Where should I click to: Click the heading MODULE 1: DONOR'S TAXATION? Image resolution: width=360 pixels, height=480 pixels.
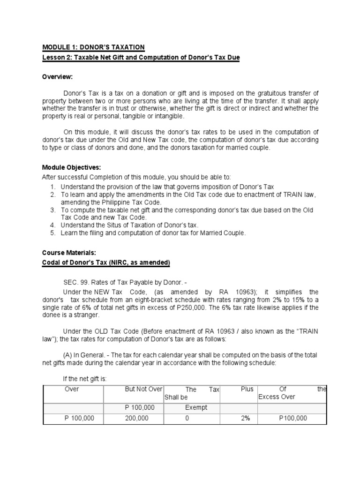pos(93,47)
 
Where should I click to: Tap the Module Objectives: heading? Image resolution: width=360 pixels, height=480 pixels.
pos(72,167)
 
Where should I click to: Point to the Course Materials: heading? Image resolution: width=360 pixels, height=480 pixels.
pos(69,253)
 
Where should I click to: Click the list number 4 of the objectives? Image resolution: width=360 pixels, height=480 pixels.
pos(53,225)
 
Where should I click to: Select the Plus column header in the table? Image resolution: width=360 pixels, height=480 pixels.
pos(247,390)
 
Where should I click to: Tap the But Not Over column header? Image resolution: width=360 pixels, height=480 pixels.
pos(143,390)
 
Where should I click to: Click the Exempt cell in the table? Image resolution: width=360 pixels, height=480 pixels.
pos(196,408)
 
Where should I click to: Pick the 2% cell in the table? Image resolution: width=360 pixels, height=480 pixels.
pos(247,419)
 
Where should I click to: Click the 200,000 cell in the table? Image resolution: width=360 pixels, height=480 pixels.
pos(137,419)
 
